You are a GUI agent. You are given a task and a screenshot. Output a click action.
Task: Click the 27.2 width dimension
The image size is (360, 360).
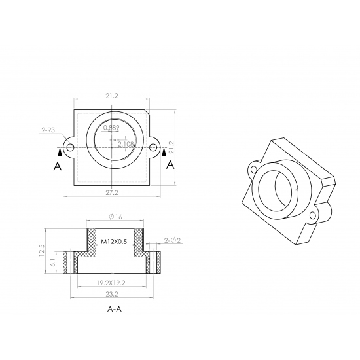click(112, 193)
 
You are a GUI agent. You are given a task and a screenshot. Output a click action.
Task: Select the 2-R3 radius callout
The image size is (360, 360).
click(48, 130)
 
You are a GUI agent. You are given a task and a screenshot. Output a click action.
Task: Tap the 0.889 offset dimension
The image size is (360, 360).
click(111, 128)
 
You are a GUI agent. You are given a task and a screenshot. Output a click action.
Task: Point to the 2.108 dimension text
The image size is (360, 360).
click(126, 144)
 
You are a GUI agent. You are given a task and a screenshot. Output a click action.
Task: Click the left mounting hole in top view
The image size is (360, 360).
click(71, 147)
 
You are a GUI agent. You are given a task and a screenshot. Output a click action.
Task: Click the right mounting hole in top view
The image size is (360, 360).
click(153, 147)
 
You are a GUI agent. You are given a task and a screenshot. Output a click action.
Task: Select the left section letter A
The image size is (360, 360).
click(58, 166)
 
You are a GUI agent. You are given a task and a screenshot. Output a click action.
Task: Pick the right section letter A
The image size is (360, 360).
click(170, 165)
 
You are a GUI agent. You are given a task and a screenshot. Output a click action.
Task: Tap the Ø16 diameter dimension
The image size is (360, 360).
click(115, 217)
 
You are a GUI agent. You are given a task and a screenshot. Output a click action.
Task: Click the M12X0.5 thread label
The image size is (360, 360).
click(114, 242)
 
